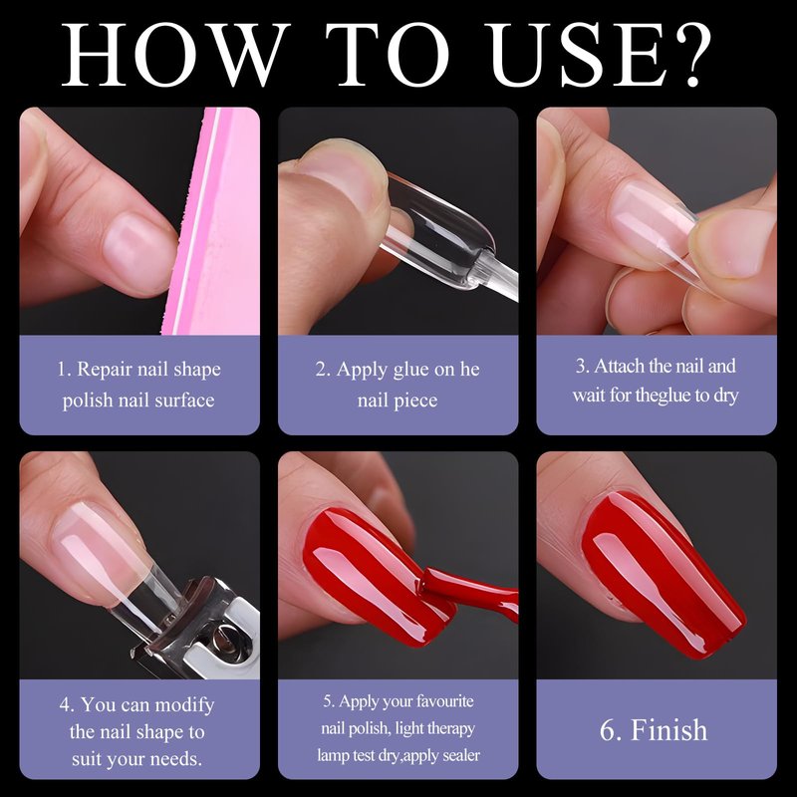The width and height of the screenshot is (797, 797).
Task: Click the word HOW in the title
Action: [172, 55]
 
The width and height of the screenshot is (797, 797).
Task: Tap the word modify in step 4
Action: [184, 705]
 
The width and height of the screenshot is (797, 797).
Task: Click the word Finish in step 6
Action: [668, 730]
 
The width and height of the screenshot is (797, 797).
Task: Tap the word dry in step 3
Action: [725, 396]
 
